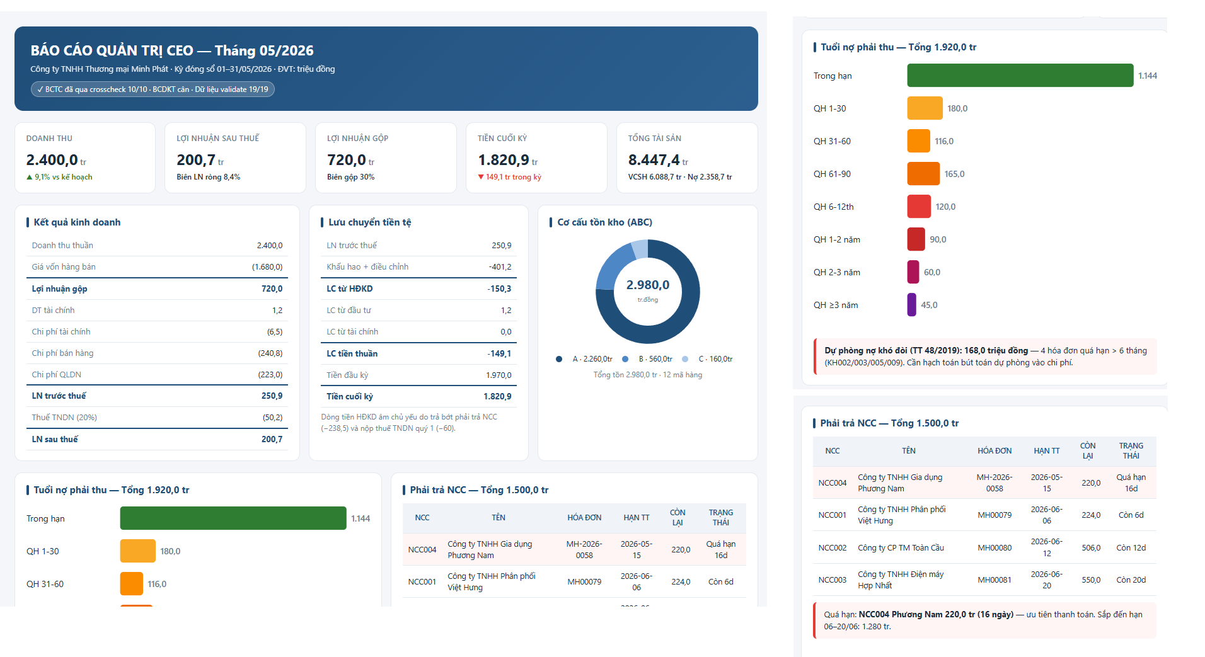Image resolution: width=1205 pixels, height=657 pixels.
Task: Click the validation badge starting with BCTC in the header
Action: click(x=153, y=89)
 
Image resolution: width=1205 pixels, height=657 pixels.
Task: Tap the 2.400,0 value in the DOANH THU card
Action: click(x=52, y=160)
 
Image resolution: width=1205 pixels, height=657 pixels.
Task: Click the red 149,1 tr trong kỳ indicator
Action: click(x=509, y=177)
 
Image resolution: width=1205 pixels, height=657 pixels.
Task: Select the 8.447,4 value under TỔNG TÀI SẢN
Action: click(x=654, y=160)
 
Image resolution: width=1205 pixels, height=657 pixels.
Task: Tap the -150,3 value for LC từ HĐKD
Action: click(x=499, y=289)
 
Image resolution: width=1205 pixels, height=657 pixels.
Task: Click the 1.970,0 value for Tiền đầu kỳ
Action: click(x=499, y=375)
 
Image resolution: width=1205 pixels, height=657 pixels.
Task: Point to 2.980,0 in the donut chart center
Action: click(x=648, y=285)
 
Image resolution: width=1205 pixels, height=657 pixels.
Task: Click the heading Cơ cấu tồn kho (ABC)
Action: click(x=604, y=222)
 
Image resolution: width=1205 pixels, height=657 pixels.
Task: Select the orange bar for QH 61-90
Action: click(x=923, y=174)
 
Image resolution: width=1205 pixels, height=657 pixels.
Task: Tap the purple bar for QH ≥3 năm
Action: click(x=912, y=305)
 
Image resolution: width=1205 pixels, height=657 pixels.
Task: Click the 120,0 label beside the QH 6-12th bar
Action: click(x=945, y=207)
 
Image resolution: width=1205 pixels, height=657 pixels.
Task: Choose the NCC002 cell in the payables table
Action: click(x=833, y=548)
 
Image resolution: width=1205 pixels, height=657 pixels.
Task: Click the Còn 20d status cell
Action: click(x=1131, y=580)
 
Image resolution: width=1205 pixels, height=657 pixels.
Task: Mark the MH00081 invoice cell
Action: click(x=995, y=580)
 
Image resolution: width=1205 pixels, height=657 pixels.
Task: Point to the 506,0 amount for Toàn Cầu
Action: click(x=1091, y=548)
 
